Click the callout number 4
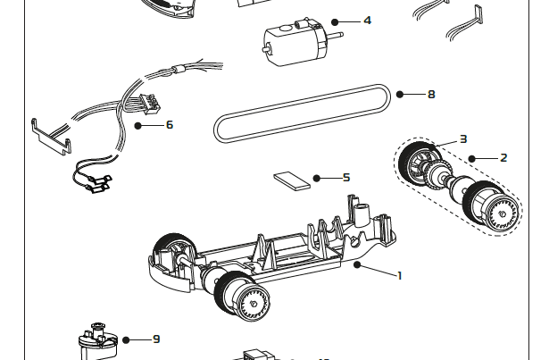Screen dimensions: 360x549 367,20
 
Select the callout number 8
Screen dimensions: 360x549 431,94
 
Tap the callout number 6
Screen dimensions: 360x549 170,125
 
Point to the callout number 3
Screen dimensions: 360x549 463,138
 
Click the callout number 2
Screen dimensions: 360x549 503,158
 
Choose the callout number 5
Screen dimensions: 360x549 346,178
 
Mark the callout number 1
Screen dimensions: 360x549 399,275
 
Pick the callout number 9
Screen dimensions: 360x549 156,339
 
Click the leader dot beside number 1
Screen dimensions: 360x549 356,264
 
